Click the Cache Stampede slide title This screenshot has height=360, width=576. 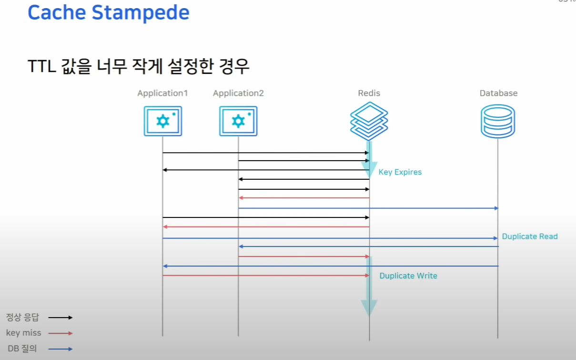pyautogui.click(x=108, y=12)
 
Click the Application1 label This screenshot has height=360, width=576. pyautogui.click(x=162, y=93)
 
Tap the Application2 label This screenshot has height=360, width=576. pyautogui.click(x=238, y=93)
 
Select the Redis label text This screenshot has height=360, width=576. pyautogui.click(x=369, y=93)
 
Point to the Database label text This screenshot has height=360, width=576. pyautogui.click(x=498, y=93)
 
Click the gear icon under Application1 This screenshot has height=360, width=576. pyautogui.click(x=163, y=121)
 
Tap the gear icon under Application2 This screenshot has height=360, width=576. pyautogui.click(x=238, y=121)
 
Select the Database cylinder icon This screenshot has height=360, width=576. pyautogui.click(x=498, y=121)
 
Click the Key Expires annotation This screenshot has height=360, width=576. pyautogui.click(x=400, y=172)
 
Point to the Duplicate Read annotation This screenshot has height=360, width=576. pyautogui.click(x=529, y=237)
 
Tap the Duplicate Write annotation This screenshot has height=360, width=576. pyautogui.click(x=408, y=276)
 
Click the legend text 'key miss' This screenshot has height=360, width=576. pyautogui.click(x=24, y=333)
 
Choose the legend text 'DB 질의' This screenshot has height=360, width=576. pyautogui.click(x=22, y=349)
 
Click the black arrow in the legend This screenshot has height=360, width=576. pyautogui.click(x=60, y=317)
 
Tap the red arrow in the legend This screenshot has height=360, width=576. pyautogui.click(x=60, y=333)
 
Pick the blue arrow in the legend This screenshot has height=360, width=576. pyautogui.click(x=60, y=349)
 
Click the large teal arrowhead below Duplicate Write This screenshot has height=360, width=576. pyautogui.click(x=369, y=308)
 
